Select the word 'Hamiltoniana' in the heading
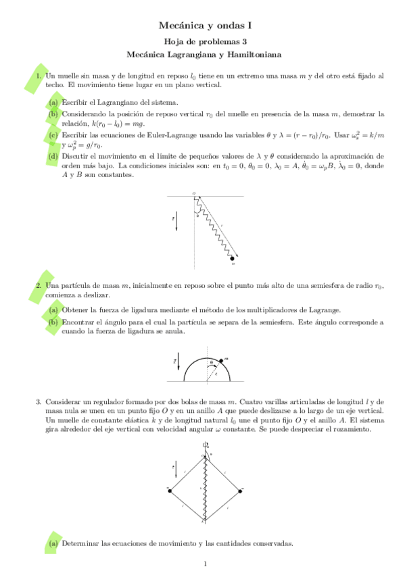pyautogui.click(x=254, y=53)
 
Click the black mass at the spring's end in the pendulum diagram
pyautogui.click(x=233, y=258)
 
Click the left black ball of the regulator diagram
pyautogui.click(x=169, y=489)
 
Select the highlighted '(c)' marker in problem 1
pyautogui.click(x=53, y=134)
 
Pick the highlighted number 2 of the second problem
pyautogui.click(x=39, y=286)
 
